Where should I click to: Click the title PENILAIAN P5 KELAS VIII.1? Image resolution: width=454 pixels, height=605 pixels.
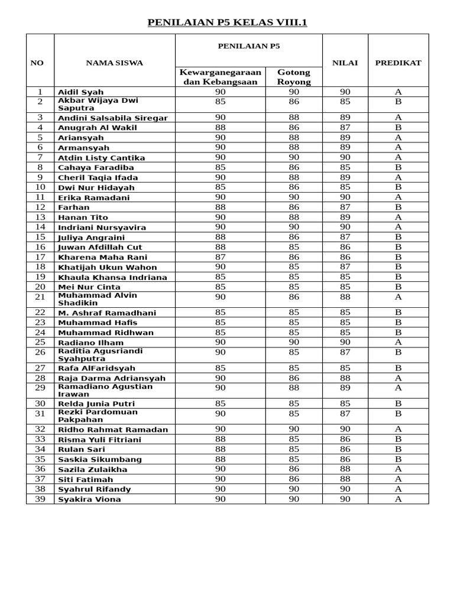227,23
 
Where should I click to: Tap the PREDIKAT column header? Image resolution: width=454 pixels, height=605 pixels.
398,63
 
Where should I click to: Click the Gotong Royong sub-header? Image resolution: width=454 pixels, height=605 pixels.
294,77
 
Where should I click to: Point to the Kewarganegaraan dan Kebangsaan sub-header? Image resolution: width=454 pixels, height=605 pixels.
220,77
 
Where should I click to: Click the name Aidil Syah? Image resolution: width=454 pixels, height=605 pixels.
81,92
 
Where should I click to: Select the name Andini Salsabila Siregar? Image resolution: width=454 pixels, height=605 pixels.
112,118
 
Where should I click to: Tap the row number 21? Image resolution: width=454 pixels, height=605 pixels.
40,297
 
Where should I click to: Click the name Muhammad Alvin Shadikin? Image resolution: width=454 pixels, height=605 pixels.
98,299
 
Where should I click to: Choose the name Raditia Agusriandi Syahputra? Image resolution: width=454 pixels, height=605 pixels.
100,354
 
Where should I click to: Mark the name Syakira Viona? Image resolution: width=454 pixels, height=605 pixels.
89,499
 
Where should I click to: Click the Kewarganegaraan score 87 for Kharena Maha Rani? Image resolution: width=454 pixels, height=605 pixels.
220,257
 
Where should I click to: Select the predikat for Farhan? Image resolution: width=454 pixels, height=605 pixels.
398,207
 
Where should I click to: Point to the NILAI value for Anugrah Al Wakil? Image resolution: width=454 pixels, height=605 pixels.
345,127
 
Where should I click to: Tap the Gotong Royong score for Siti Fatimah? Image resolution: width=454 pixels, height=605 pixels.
294,479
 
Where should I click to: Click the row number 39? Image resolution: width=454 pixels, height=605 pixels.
40,499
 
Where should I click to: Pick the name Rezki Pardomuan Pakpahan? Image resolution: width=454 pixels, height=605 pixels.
98,416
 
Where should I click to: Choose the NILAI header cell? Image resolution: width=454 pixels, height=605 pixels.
345,63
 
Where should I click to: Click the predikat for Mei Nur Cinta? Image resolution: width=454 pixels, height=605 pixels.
398,287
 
